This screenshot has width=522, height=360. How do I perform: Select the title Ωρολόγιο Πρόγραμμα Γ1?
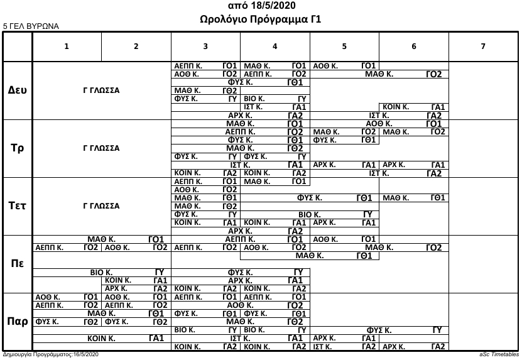tap(260, 19)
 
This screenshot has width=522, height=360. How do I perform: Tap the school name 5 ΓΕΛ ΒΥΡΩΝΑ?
tap(31, 27)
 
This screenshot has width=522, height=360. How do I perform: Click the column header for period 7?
tap(482, 45)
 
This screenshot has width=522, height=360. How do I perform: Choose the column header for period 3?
tap(205, 45)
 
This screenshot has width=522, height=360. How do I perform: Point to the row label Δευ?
tap(17, 90)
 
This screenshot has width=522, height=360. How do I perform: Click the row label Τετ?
tap(17, 205)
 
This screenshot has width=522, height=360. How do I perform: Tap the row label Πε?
tap(17, 263)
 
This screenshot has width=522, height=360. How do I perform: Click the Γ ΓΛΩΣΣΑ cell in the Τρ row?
tap(102, 148)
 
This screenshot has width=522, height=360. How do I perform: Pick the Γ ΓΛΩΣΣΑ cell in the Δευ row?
tap(102, 90)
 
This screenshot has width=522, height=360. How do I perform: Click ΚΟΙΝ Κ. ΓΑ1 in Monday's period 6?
tap(413, 107)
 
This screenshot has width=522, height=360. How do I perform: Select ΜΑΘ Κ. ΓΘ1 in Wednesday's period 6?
tap(413, 198)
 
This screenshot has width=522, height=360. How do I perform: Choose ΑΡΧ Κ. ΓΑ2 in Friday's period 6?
tap(413, 346)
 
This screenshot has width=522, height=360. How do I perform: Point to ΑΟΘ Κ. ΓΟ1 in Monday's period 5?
tap(344, 65)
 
